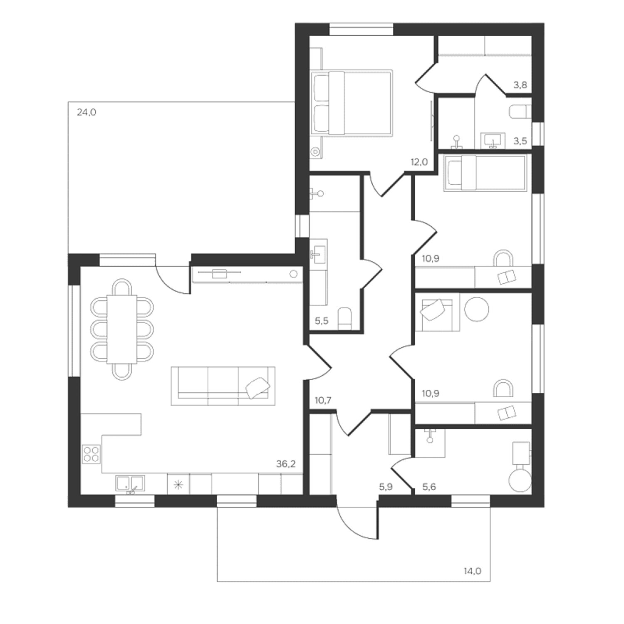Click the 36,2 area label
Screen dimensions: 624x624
(286, 464)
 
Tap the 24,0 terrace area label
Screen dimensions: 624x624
(87, 112)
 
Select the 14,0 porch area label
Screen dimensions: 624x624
(472, 571)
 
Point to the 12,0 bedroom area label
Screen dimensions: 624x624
(419, 162)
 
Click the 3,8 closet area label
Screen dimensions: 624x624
(520, 85)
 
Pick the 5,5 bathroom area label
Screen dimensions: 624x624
(321, 321)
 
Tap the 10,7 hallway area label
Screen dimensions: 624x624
(323, 401)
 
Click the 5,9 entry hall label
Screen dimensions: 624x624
(386, 487)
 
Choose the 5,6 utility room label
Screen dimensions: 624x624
(429, 487)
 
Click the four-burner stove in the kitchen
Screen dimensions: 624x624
(91, 454)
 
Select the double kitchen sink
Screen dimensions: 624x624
(130, 483)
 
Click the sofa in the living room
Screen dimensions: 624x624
(223, 386)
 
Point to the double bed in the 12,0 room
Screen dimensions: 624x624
(352, 103)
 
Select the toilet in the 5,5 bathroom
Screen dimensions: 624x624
(345, 318)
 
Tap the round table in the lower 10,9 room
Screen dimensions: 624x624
(476, 309)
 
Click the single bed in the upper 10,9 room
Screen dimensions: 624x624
(485, 173)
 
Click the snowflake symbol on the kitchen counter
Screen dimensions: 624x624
(178, 484)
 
